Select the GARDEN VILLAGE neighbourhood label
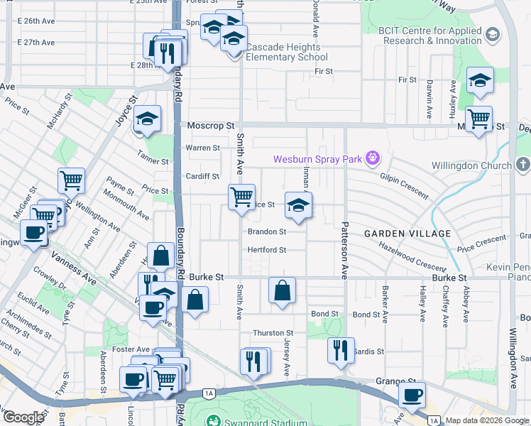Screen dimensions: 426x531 click(x=407, y=234)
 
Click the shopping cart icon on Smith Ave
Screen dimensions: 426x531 click(x=241, y=196)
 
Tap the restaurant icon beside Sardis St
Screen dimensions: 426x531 click(x=341, y=350)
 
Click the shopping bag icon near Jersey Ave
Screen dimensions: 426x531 click(x=282, y=290)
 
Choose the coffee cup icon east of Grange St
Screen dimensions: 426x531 click(x=412, y=394)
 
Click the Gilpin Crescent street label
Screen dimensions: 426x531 click(x=404, y=185)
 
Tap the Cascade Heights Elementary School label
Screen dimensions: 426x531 click(x=287, y=52)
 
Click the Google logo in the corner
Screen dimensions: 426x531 click(x=23, y=417)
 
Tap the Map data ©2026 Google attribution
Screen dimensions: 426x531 click(x=488, y=421)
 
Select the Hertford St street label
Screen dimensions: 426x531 click(x=266, y=250)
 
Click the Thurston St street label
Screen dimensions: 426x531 click(x=273, y=333)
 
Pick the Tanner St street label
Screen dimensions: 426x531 click(x=155, y=161)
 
